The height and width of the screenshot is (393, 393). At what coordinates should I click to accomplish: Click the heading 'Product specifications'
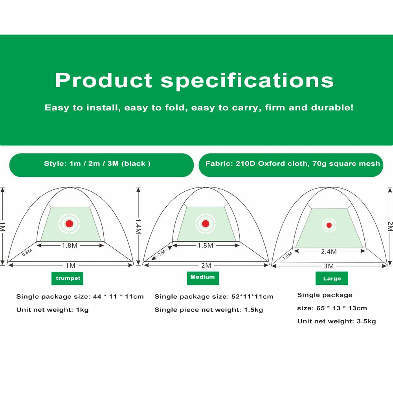[194, 80]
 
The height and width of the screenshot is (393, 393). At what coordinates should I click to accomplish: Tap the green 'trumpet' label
[67, 278]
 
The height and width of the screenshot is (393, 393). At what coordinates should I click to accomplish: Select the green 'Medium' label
[203, 278]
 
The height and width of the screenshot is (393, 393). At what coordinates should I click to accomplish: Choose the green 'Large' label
[332, 278]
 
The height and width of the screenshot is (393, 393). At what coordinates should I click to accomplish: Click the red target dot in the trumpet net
[69, 224]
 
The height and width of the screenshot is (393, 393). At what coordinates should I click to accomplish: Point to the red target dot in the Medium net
[206, 224]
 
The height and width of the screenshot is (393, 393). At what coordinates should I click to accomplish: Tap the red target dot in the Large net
[329, 225]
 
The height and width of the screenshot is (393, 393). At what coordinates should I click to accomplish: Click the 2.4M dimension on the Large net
[329, 252]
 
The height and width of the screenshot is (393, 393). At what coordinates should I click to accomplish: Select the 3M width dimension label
[329, 266]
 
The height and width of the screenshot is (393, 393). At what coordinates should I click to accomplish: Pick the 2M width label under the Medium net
[206, 265]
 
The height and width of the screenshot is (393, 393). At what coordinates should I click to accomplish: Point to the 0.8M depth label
[27, 252]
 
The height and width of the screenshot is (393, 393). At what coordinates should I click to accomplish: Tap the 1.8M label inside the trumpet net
[70, 245]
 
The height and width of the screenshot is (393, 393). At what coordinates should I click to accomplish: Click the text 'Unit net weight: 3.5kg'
[337, 321]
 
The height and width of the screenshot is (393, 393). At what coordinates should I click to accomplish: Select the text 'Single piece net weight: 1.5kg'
[209, 310]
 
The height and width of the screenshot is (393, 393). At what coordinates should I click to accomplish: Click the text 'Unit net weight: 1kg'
[52, 310]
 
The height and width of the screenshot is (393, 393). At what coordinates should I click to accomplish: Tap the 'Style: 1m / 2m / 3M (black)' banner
[101, 165]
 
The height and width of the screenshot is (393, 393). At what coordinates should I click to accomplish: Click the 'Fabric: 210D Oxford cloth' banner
[291, 165]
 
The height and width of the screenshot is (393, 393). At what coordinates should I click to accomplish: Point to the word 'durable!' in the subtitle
[332, 108]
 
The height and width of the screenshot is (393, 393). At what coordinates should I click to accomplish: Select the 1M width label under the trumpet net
[70, 265]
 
